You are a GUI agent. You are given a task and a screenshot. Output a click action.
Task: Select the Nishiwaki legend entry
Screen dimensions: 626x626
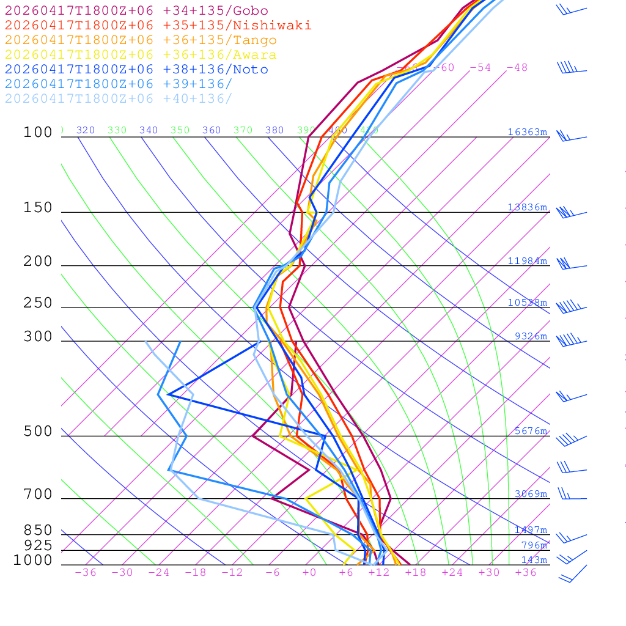click(158, 25)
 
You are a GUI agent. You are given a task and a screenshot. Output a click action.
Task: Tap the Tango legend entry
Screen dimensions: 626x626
click(141, 40)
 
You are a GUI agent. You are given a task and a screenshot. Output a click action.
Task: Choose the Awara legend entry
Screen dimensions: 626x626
click(140, 55)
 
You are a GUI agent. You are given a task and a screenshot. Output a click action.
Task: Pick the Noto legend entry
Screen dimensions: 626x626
click(136, 70)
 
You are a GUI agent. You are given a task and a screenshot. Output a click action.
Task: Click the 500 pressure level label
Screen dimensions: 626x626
click(38, 432)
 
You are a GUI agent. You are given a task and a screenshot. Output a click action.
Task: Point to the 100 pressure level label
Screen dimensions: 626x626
click(38, 132)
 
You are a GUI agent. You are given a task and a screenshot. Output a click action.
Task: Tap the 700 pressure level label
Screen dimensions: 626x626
click(38, 495)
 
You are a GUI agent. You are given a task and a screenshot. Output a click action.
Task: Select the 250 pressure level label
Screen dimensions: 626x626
click(38, 303)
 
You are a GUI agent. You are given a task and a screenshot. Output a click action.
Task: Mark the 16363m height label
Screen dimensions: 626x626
click(527, 132)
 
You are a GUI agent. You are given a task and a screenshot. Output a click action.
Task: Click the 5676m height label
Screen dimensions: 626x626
click(530, 431)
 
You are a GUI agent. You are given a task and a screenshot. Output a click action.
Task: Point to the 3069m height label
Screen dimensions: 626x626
click(530, 494)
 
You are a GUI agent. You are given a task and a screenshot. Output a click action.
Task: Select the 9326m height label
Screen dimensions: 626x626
click(530, 336)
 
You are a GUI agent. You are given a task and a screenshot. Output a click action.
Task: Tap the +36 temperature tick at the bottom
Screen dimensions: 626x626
click(526, 573)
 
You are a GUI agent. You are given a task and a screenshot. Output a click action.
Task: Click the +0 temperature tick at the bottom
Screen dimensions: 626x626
click(309, 573)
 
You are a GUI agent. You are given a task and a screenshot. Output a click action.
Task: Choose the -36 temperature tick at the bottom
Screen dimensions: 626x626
click(85, 573)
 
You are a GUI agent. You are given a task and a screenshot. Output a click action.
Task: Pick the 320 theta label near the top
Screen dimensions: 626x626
click(86, 130)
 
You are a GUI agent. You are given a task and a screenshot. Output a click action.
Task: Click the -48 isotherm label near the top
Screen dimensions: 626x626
click(517, 67)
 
